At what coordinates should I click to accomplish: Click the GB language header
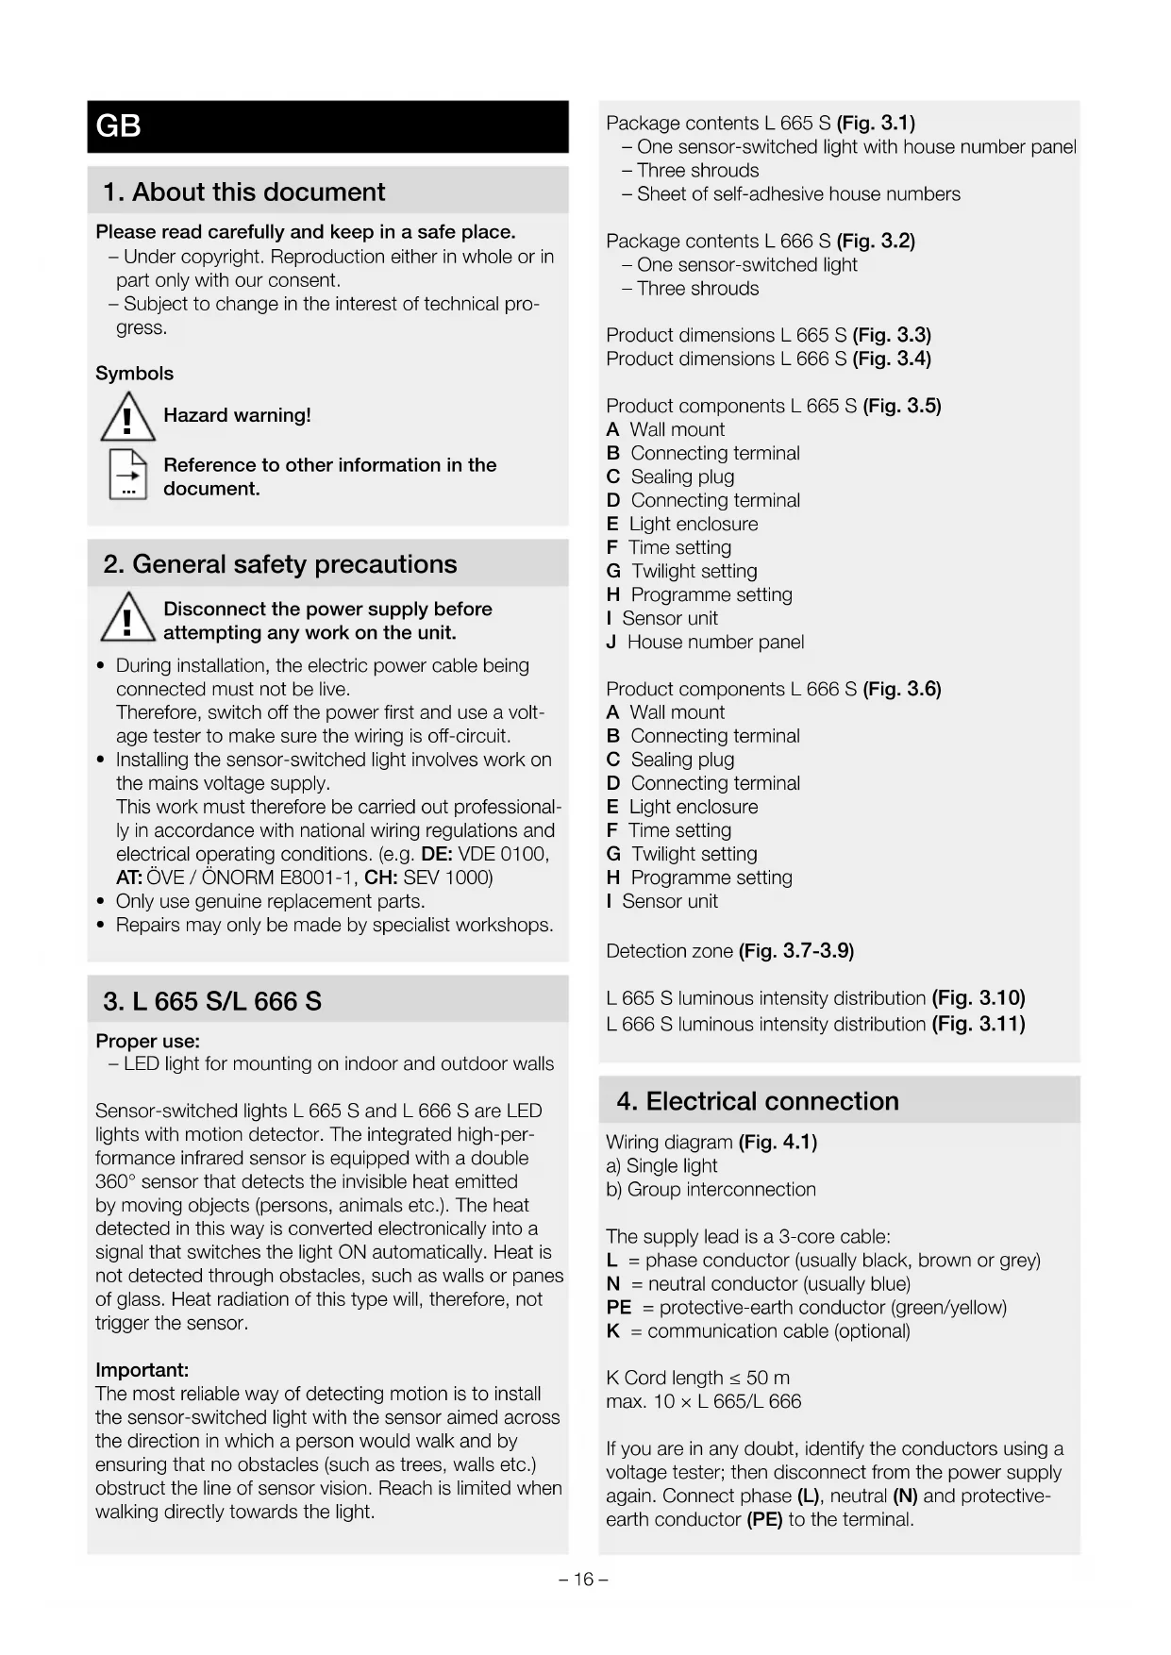point(119,126)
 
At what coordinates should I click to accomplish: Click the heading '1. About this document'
point(243,192)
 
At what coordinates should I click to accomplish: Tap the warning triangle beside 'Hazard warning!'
point(127,418)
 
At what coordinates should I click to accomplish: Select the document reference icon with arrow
point(128,474)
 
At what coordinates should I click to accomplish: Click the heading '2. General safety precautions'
point(280,564)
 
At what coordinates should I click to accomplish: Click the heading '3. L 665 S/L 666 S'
point(212,1001)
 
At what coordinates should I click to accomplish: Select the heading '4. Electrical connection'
point(758,1101)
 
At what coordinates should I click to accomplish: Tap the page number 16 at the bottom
point(583,1580)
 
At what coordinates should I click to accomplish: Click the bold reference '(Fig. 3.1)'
point(876,123)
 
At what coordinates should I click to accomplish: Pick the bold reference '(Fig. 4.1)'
point(778,1142)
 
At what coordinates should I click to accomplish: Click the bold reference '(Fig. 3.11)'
point(979,1024)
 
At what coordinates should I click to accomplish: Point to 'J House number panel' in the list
point(705,642)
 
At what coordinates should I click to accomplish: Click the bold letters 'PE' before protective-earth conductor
point(618,1307)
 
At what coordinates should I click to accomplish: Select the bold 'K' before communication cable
point(612,1330)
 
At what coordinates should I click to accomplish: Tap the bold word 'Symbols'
point(134,374)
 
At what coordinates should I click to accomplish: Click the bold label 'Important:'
point(142,1370)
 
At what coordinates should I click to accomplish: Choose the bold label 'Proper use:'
point(147,1041)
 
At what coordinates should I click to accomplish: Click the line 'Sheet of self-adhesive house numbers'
point(798,193)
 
